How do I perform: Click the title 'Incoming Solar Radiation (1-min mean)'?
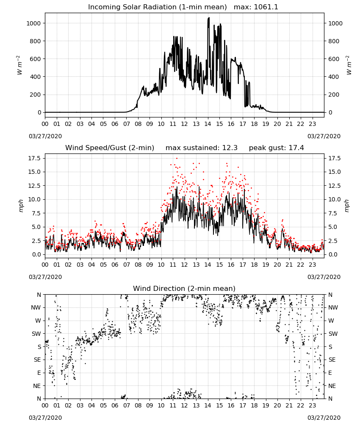158,7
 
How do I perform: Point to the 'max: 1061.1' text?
256,7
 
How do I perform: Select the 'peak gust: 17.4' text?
276,148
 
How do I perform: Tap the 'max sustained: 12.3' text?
202,148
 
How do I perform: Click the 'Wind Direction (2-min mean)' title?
184,288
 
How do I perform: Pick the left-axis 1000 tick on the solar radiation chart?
33,23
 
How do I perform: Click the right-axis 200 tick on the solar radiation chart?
334,95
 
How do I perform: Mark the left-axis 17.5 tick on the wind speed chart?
35,158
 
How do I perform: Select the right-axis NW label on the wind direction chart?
333,307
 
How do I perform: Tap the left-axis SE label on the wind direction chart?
37,360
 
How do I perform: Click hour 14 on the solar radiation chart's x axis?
208,124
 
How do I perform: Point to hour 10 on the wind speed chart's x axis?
161,265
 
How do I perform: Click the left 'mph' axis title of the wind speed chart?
21,206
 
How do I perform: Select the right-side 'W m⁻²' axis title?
349,65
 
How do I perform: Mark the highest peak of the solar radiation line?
208,18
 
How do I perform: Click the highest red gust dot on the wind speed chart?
177,158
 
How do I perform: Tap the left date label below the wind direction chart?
45,418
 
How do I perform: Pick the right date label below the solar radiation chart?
324,136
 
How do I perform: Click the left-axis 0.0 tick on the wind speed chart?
36,254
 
